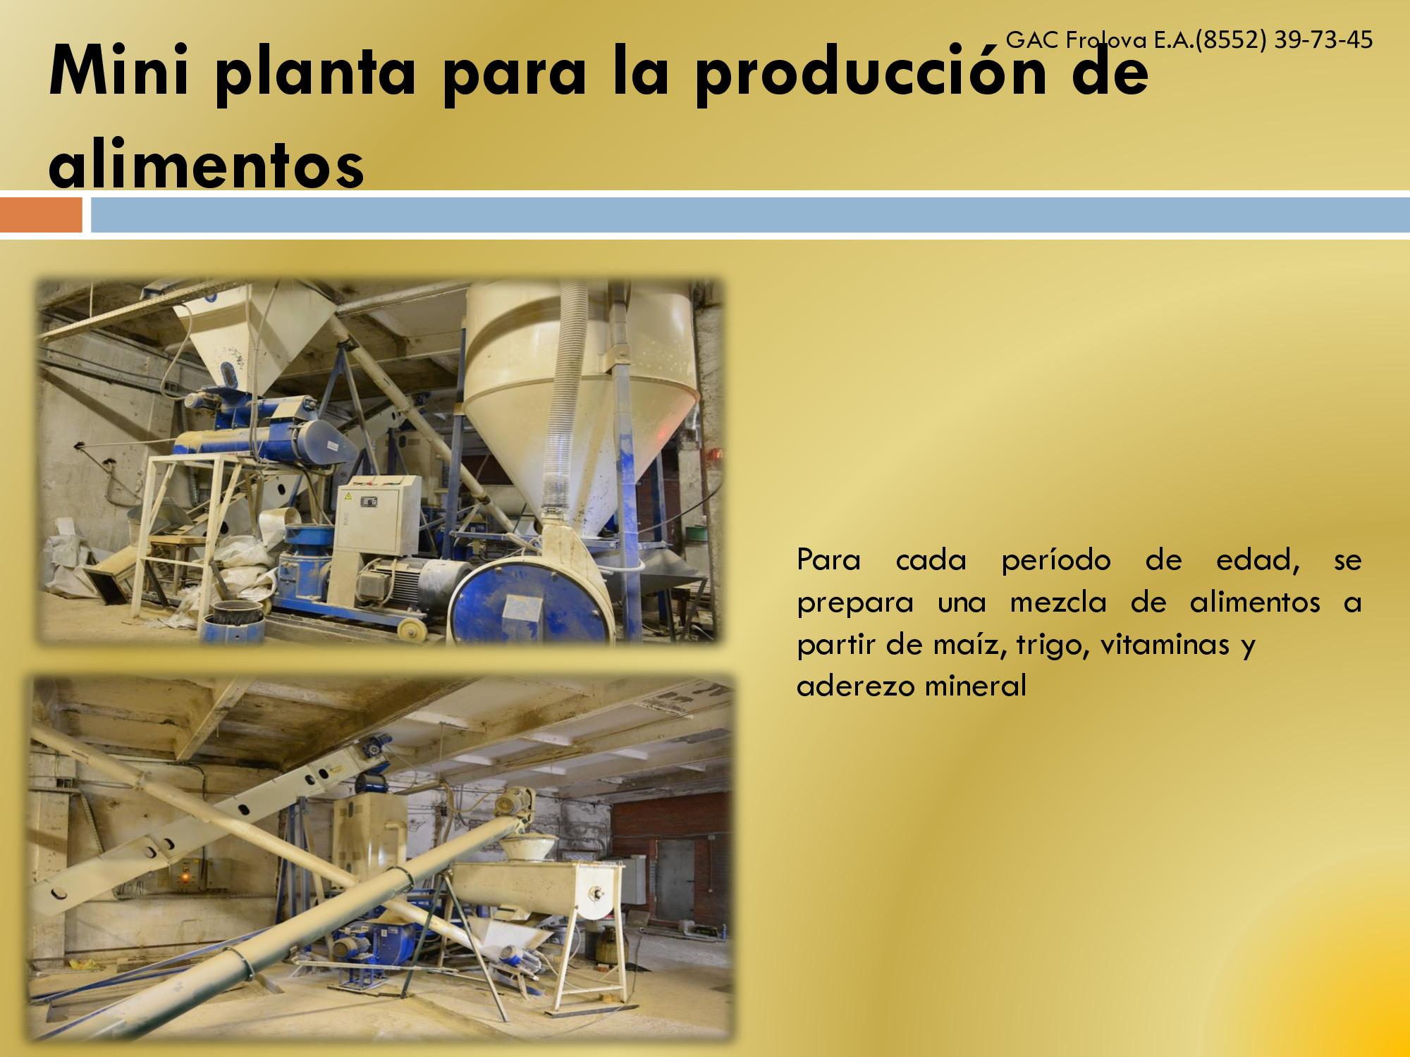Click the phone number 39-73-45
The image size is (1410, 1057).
(1323, 39)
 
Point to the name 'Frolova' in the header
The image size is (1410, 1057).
(1106, 39)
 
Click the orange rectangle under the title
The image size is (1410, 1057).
(41, 215)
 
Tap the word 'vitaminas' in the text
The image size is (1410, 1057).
(1165, 644)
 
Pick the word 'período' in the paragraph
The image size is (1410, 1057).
(1056, 560)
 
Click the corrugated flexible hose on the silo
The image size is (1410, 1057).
(568, 395)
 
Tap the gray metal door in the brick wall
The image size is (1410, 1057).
(675, 880)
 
